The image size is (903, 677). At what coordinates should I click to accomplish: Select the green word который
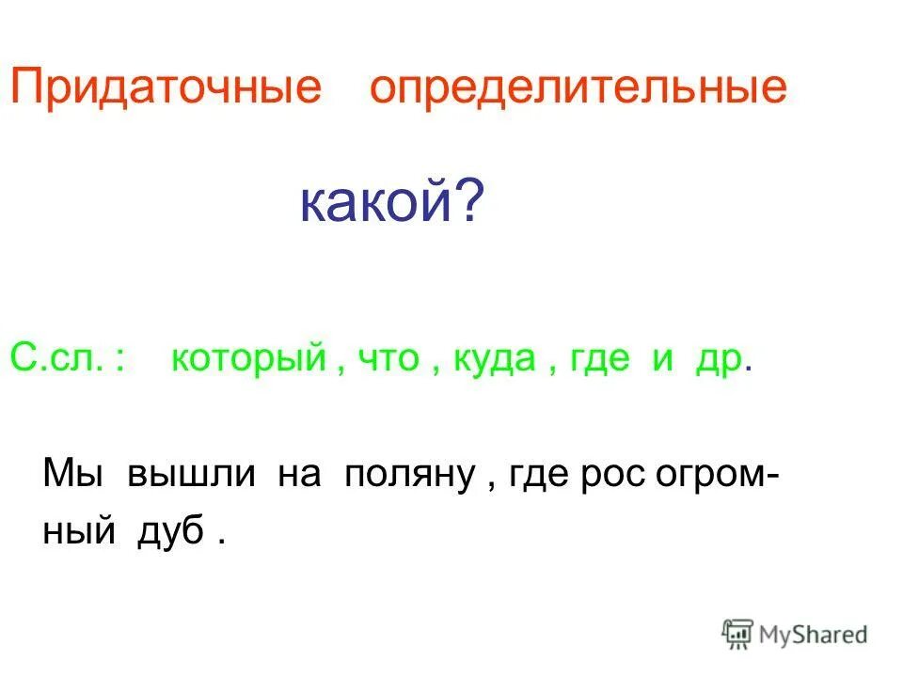coord(247,360)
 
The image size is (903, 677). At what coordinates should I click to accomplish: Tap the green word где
coord(599,361)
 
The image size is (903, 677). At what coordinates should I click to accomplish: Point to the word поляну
coord(407,473)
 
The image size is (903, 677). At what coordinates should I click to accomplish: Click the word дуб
coord(172,532)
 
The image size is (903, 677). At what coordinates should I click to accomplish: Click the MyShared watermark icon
coord(737,634)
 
